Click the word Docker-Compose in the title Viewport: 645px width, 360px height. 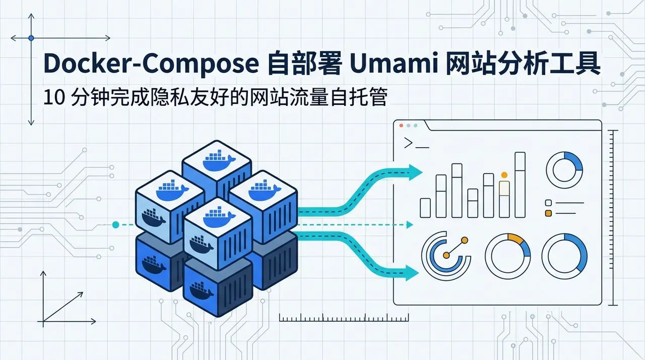pyautogui.click(x=152, y=64)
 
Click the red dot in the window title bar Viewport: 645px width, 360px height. pyautogui.click(x=401, y=126)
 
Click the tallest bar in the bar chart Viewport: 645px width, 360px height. pyautogui.click(x=520, y=185)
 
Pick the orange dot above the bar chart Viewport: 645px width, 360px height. pyautogui.click(x=504, y=175)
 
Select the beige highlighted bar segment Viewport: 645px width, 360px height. pyautogui.click(x=504, y=189)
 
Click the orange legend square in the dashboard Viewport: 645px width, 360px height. pyautogui.click(x=549, y=213)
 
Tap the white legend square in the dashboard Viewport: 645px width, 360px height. pyautogui.click(x=549, y=203)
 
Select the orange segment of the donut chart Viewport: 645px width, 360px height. pyautogui.click(x=515, y=238)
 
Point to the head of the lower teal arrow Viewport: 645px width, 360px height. pyautogui.click(x=412, y=273)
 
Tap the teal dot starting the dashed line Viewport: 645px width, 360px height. pyautogui.click(x=115, y=225)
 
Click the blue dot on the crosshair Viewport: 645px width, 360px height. pyautogui.click(x=31, y=38)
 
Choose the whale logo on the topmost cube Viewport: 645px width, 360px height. pyautogui.click(x=219, y=160)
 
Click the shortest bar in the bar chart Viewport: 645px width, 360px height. pyautogui.click(x=425, y=208)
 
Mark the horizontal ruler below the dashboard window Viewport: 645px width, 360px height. pyautogui.click(x=344, y=318)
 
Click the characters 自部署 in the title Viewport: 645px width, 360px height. pyautogui.click(x=304, y=64)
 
